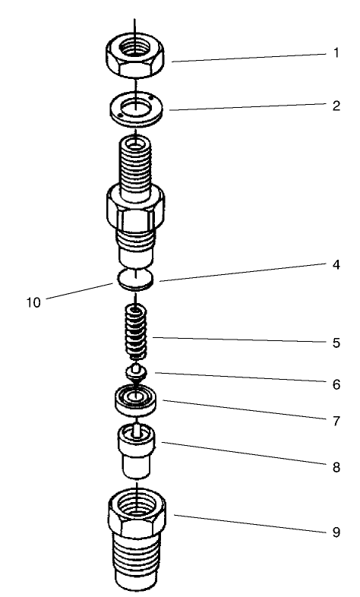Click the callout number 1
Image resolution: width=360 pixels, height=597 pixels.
(x=335, y=55)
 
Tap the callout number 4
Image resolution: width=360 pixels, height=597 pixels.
(x=335, y=266)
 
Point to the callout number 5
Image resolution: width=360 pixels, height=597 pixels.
(x=335, y=342)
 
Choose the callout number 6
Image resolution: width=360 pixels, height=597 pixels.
(x=335, y=384)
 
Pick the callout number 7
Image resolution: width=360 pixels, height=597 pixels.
(x=335, y=419)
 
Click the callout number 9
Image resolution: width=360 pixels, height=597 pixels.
(x=335, y=532)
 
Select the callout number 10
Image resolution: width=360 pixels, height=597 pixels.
(x=31, y=302)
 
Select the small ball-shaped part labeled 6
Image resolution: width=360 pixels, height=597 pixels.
(x=136, y=371)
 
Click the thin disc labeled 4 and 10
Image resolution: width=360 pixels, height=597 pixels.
(x=136, y=279)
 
